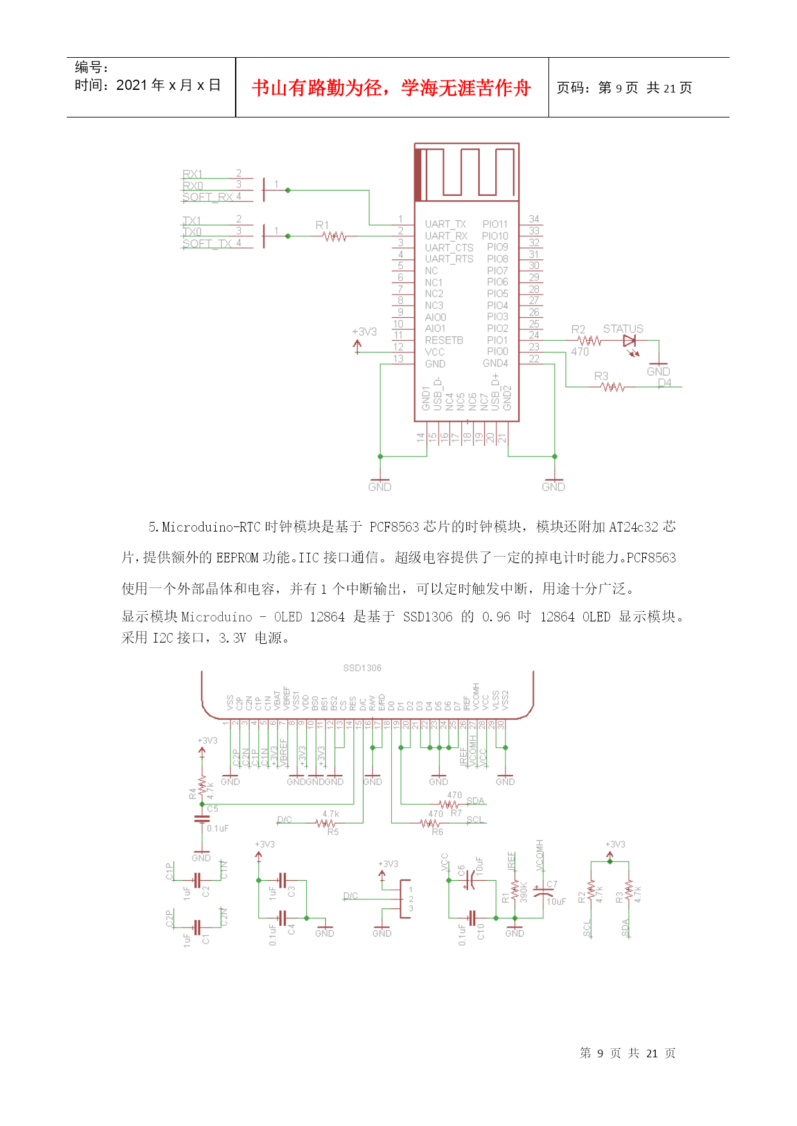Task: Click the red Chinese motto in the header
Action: tap(391, 88)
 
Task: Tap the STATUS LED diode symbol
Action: tap(629, 341)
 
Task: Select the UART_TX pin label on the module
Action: tap(445, 224)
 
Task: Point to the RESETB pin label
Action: tap(444, 340)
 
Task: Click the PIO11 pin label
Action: tap(495, 224)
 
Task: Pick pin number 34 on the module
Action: tap(534, 219)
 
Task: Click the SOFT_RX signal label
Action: tap(207, 197)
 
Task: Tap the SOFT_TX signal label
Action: tap(207, 244)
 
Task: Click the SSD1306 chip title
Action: tap(362, 668)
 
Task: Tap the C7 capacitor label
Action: tap(552, 885)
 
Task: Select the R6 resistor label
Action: tap(437, 832)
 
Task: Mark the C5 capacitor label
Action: tap(213, 809)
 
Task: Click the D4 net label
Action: tap(665, 383)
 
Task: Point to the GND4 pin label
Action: tap(495, 363)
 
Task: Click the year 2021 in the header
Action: tap(132, 85)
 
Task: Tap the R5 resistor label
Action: tap(333, 832)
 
